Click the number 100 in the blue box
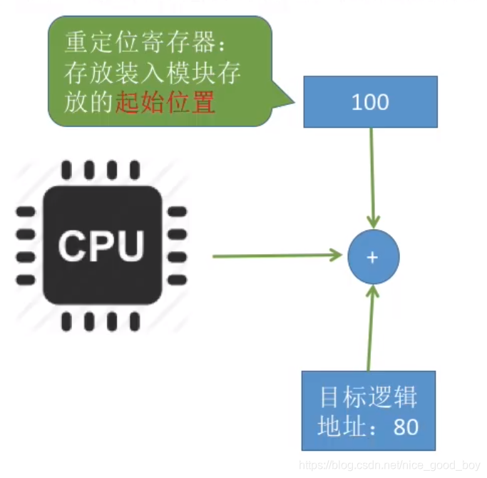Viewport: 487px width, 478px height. click(x=370, y=102)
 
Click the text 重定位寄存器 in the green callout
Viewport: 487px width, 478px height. click(x=135, y=43)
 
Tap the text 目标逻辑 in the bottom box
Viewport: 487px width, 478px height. click(x=368, y=397)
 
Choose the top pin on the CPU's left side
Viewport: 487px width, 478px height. click(x=26, y=212)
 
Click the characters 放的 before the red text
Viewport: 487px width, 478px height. click(x=88, y=104)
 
